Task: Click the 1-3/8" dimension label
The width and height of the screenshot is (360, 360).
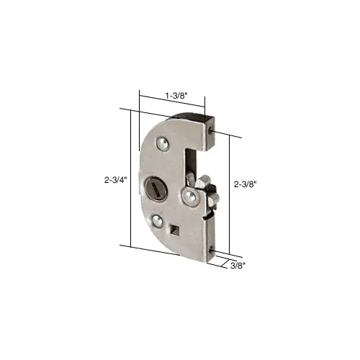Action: tap(176, 96)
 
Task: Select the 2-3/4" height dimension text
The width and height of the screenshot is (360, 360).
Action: tap(115, 180)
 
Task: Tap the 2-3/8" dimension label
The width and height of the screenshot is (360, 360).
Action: tap(246, 184)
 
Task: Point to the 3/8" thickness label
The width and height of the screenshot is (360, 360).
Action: tap(238, 266)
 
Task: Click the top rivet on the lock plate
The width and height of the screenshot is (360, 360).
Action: tap(163, 144)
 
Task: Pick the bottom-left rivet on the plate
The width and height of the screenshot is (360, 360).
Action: tap(157, 221)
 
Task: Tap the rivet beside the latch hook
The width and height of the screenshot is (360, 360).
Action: tap(189, 197)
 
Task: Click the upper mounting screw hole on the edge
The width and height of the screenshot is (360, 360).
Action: tap(210, 130)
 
